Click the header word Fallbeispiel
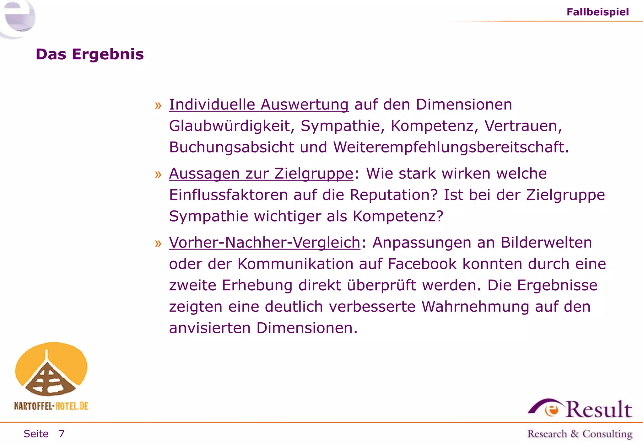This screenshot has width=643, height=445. coord(597,12)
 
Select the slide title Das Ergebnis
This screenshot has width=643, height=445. coord(90,54)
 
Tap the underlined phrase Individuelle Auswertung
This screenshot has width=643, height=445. coord(259,105)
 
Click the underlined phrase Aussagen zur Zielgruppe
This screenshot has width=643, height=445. coord(261,174)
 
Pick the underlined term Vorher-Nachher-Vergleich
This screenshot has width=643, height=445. coord(264,243)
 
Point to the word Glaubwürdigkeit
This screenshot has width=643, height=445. coord(232,126)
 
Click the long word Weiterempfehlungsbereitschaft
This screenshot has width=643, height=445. coord(451,147)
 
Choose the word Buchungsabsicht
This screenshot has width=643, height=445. coord(231,147)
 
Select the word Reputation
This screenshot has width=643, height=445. coord(394,195)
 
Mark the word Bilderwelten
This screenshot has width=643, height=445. coord(546,243)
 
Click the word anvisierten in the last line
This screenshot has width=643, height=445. coord(210,328)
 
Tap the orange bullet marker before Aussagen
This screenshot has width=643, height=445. coord(158,174)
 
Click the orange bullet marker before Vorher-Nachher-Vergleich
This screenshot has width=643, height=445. coord(158,243)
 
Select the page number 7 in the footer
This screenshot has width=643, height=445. coord(62,434)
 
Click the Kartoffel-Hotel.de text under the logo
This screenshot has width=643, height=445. coord(51,406)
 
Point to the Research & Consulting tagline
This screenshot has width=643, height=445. coord(580,434)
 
